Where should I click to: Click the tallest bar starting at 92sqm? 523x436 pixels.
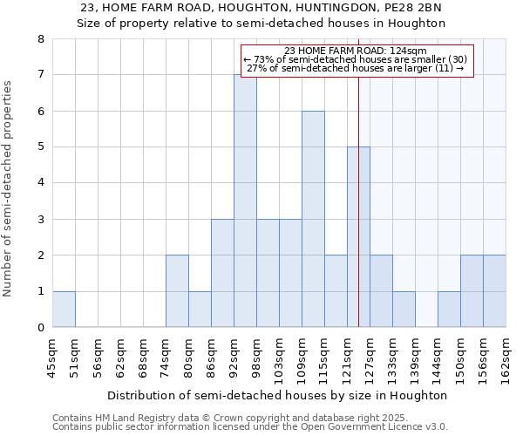pyautogui.click(x=245, y=201)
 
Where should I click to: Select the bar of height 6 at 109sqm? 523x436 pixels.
pyautogui.click(x=313, y=219)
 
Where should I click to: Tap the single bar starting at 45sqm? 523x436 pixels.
pyautogui.click(x=64, y=309)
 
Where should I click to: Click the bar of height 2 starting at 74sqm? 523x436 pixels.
pyautogui.click(x=177, y=291)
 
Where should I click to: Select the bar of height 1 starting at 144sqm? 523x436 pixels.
pyautogui.click(x=449, y=309)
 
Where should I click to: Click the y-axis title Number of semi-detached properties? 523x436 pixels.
pyautogui.click(x=9, y=188)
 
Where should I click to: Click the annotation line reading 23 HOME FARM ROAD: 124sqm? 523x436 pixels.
pyautogui.click(x=356, y=51)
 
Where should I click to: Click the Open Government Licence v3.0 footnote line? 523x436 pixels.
pyautogui.click(x=250, y=427)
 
